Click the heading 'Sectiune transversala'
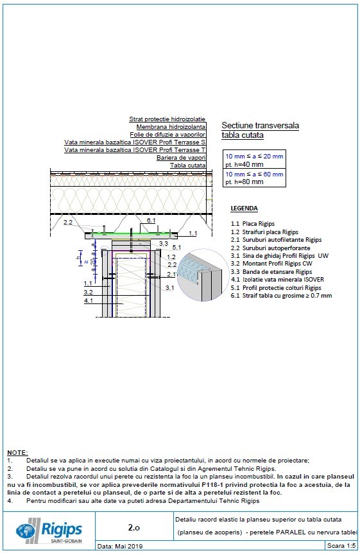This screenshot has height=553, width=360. (x=260, y=126)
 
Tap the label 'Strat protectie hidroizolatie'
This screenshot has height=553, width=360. (x=167, y=119)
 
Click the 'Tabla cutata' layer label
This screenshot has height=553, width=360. (x=187, y=165)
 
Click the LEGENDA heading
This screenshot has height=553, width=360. (x=244, y=208)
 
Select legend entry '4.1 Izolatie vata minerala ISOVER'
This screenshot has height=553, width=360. (x=277, y=280)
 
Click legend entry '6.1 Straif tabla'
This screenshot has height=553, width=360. (x=281, y=296)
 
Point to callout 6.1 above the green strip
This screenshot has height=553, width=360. (x=151, y=220)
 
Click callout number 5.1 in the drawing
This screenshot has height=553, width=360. (x=176, y=247)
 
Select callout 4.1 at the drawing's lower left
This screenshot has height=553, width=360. (x=88, y=300)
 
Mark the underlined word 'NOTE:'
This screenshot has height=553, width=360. (x=17, y=453)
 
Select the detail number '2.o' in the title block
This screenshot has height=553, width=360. (x=133, y=527)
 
